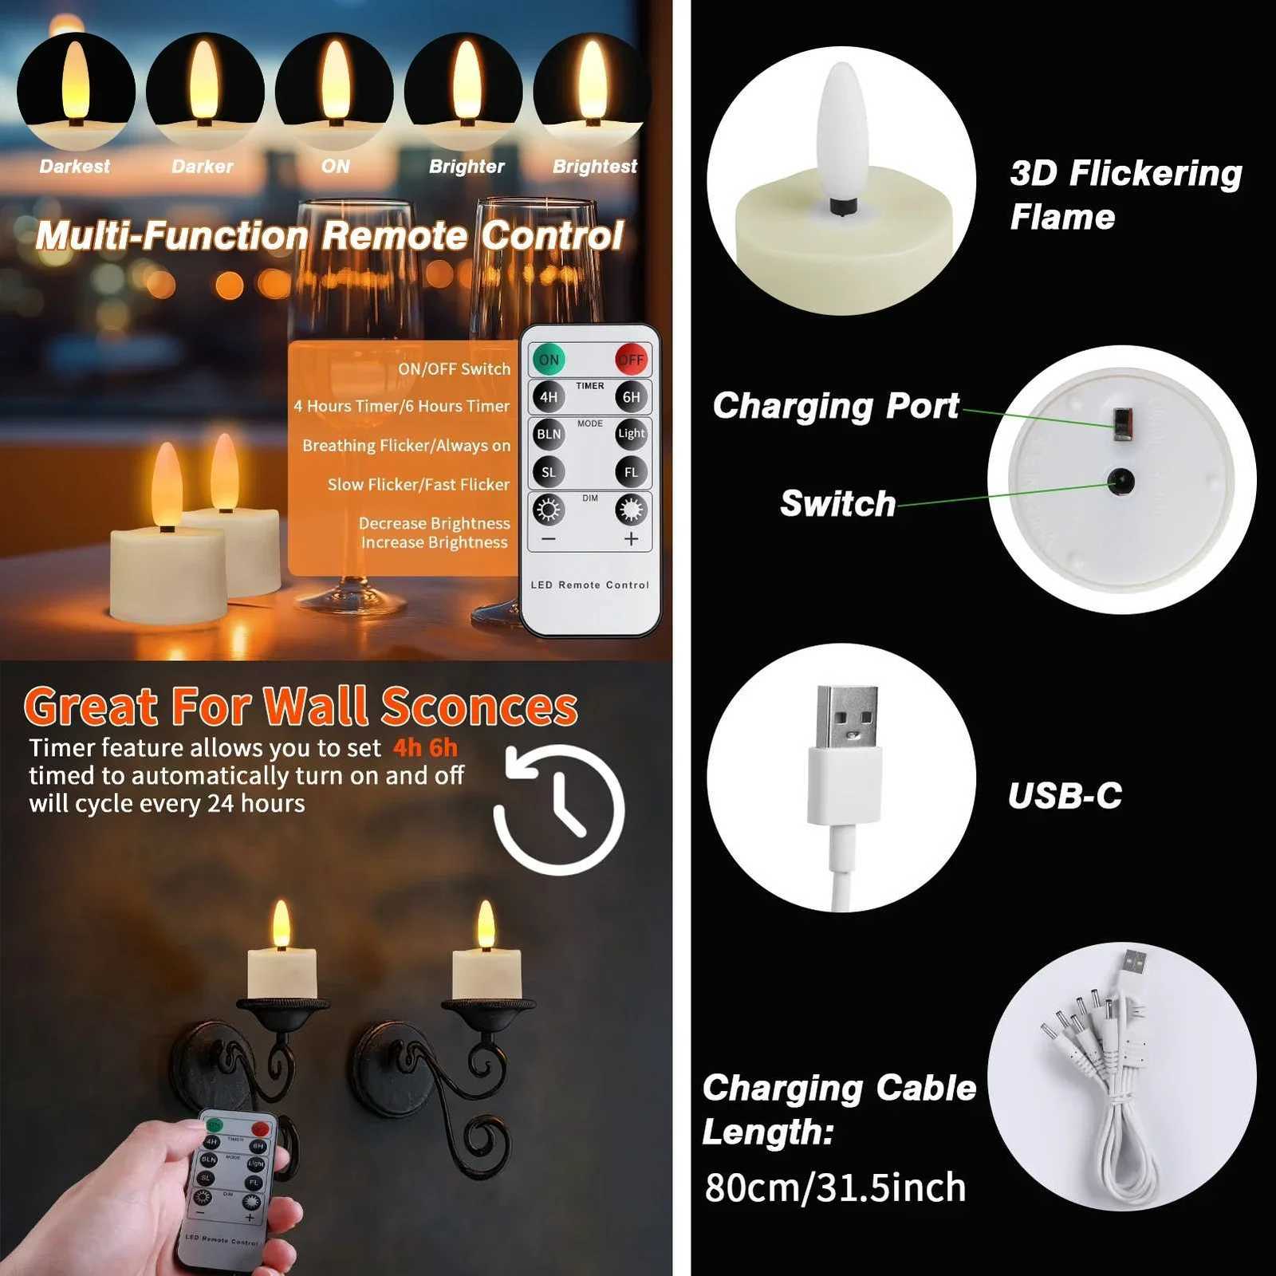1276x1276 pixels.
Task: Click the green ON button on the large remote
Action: [549, 360]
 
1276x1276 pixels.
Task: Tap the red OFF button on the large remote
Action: [631, 360]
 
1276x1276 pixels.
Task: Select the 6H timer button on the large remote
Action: [631, 397]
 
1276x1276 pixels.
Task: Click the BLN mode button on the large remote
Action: [549, 434]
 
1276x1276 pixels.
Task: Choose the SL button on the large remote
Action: [549, 472]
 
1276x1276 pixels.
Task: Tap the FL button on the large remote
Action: [631, 472]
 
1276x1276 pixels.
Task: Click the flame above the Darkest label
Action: [76, 80]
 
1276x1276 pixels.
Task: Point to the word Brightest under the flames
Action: [595, 167]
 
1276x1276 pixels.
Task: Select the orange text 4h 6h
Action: [425, 748]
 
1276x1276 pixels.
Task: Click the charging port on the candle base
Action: [1122, 423]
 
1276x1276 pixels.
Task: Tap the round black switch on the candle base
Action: [1120, 481]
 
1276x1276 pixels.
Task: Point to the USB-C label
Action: [1065, 796]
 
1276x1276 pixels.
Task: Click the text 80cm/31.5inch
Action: [835, 1187]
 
